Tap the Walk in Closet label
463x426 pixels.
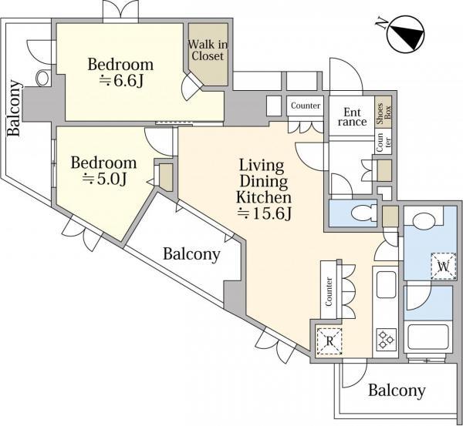tap(206, 49)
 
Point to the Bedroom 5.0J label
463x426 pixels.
tap(103, 171)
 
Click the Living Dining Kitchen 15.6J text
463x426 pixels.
tap(262, 189)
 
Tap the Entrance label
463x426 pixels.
tap(352, 116)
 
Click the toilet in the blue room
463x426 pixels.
tap(360, 212)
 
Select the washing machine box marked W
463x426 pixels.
tap(442, 267)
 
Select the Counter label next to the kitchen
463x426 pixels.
tap(329, 293)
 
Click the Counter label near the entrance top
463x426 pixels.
tap(306, 106)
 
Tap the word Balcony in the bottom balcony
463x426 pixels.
tap(396, 391)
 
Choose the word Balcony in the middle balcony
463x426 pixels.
tap(191, 253)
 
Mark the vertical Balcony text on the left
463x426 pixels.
tap(14, 108)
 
